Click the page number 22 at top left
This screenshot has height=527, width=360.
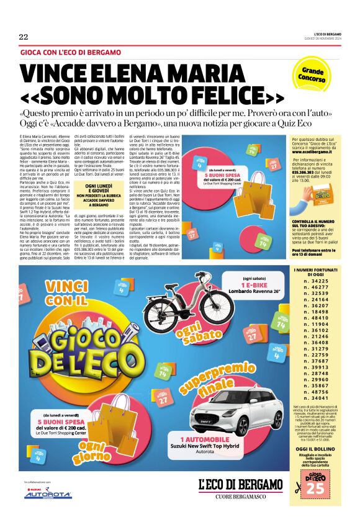24,37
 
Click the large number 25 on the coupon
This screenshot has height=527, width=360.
316,505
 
